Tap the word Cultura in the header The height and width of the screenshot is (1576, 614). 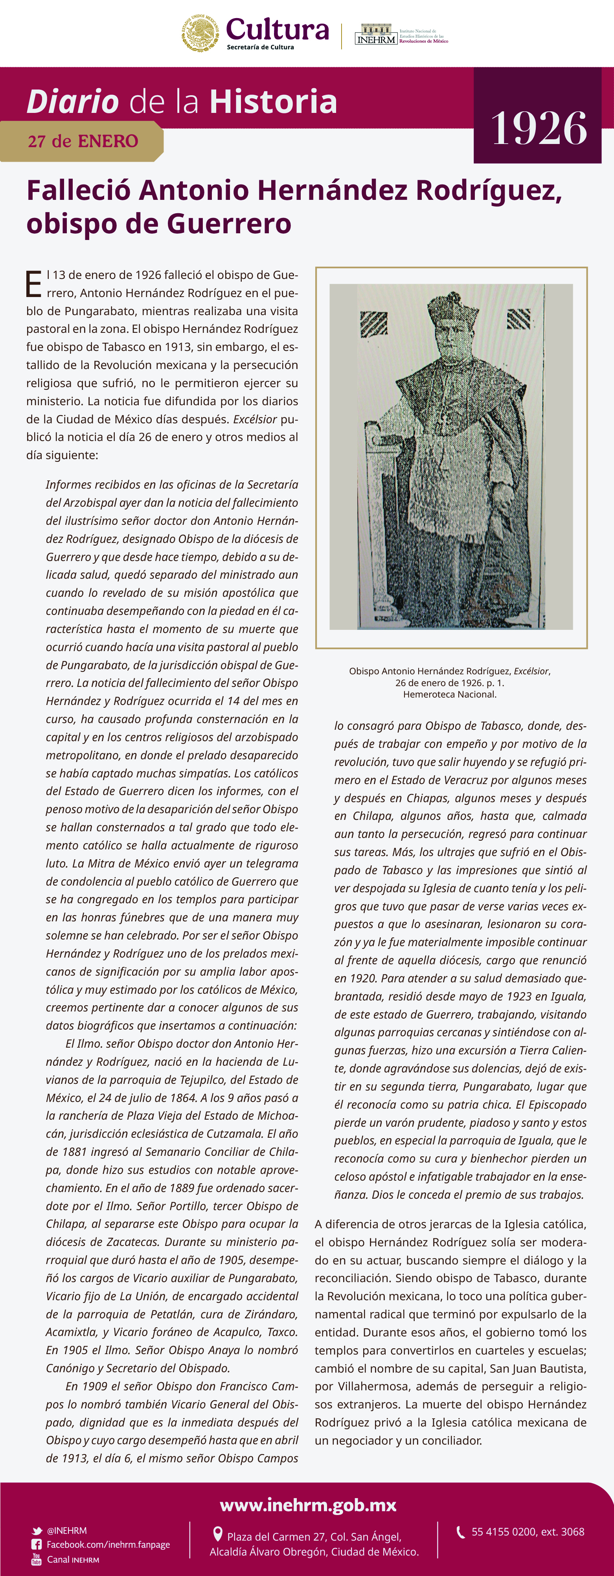click(x=277, y=30)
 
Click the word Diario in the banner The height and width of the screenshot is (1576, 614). click(x=73, y=101)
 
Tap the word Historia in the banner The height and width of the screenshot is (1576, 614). click(x=273, y=101)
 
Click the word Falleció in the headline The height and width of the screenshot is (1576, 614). click(x=78, y=190)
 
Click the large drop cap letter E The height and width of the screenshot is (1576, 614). click(x=34, y=284)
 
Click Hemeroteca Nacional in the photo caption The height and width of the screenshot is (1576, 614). click(x=449, y=694)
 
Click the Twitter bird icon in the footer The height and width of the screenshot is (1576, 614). click(x=37, y=1531)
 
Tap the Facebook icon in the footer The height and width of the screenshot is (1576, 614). click(x=37, y=1545)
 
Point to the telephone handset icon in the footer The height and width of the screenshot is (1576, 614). click(x=461, y=1531)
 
